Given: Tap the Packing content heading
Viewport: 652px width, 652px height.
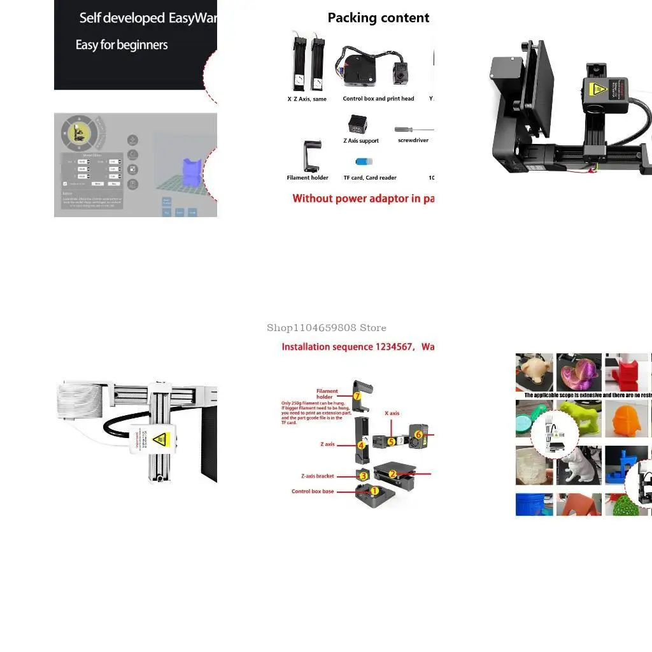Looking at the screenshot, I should (378, 18).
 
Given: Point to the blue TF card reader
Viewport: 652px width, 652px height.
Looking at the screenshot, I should (364, 162).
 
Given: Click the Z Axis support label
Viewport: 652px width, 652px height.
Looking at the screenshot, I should (361, 141).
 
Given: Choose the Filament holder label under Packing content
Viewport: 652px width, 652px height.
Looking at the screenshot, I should (308, 178).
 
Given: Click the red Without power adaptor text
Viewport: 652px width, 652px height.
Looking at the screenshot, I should (363, 199).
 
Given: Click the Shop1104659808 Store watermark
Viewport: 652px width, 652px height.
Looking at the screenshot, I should (326, 328).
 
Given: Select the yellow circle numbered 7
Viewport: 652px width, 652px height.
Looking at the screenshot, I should (357, 395).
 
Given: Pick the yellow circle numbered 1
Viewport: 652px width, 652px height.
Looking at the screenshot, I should (374, 491).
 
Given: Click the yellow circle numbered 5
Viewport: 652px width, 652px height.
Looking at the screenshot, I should (391, 441).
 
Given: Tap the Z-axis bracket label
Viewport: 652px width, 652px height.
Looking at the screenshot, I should (318, 476).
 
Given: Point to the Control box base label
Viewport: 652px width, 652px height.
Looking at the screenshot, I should (313, 492).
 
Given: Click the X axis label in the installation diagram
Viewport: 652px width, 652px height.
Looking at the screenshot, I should (392, 413).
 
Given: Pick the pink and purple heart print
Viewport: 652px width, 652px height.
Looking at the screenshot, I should (578, 372).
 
